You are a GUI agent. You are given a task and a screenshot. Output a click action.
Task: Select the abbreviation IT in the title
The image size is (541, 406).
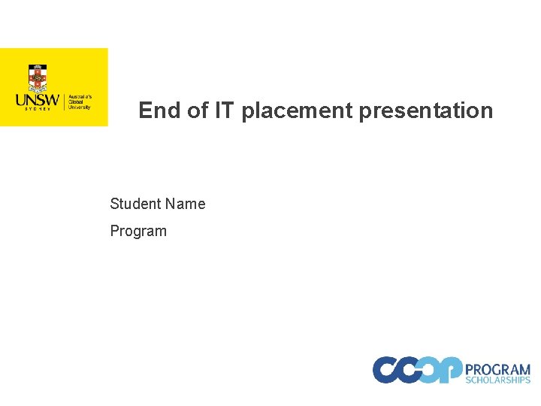224,111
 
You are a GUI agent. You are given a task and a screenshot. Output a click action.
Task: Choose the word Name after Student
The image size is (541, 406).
186,204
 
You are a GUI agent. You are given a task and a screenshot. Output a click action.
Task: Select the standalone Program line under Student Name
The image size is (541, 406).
138,231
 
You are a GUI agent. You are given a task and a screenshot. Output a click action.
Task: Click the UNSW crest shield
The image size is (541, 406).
38,78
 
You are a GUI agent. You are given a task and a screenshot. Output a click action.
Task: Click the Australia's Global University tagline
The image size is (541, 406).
80,102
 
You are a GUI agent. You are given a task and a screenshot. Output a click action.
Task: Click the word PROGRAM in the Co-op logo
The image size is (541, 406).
497,369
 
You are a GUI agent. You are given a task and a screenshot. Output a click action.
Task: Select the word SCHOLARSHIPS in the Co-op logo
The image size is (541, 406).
497,380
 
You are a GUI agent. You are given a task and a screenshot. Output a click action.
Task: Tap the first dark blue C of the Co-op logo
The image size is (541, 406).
388,369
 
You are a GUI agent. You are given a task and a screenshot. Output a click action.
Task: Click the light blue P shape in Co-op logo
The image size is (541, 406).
451,369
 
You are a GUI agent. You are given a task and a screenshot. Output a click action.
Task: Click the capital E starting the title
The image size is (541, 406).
146,111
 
